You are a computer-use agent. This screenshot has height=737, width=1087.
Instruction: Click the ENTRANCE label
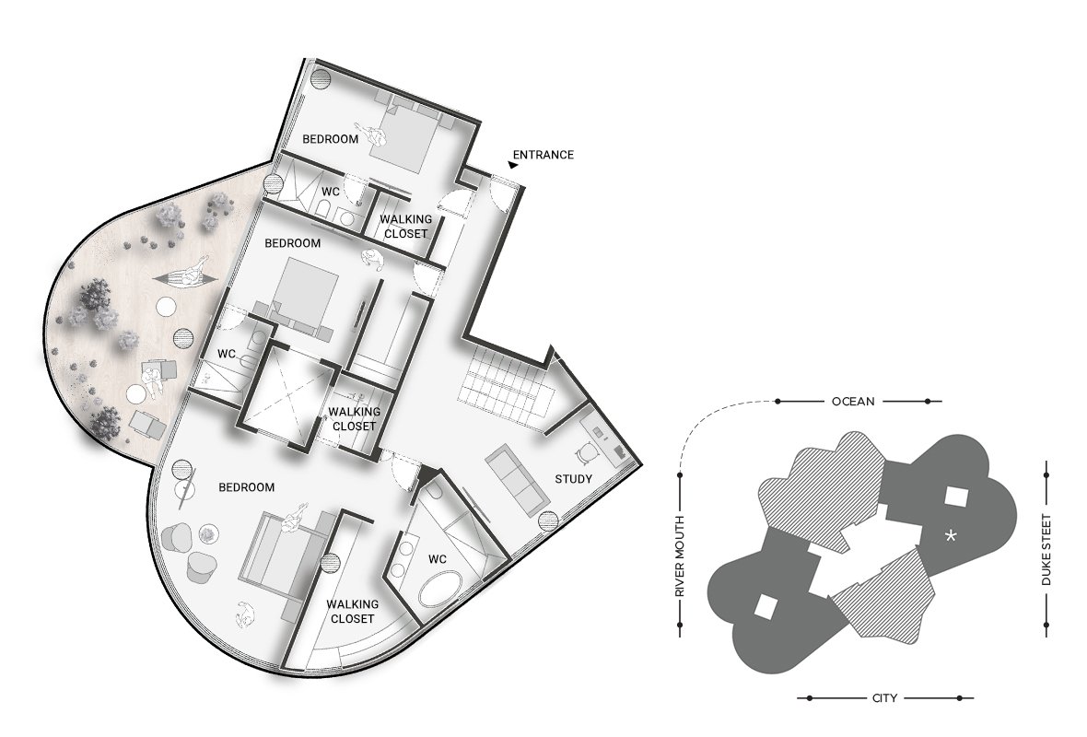coord(543,155)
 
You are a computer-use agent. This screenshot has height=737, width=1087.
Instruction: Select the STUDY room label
coord(573,479)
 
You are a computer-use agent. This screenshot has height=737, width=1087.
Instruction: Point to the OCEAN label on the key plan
coord(853,401)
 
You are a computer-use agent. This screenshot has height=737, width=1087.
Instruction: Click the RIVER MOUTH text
coord(680,556)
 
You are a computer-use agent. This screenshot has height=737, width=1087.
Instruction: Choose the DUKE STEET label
coord(1046,550)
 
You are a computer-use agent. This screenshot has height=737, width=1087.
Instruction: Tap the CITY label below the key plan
coord(884,698)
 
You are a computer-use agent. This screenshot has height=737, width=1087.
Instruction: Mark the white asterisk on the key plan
coord(953,535)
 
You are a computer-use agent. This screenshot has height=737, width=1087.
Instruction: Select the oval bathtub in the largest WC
coord(443,590)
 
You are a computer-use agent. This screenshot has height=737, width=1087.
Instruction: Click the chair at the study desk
coord(586,454)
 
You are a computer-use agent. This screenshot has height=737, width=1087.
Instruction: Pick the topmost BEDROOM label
coord(330,139)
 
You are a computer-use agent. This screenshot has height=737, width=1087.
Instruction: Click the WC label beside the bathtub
coord(437,559)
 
